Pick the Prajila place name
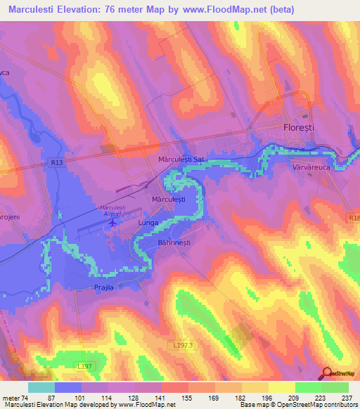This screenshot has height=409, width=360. click(103, 287)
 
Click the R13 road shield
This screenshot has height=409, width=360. click(57, 162)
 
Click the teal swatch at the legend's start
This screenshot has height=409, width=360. click(41, 387)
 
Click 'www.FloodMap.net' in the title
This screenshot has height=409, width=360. click(225, 9)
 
